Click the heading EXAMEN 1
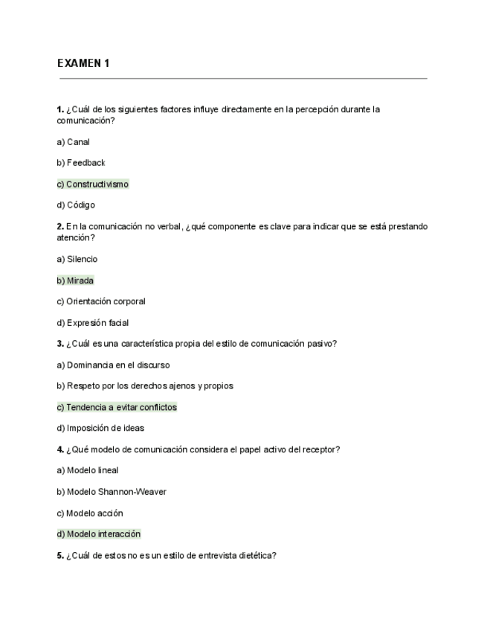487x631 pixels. coord(83,63)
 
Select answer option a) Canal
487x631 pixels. coord(74,141)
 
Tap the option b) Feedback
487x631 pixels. coord(81,162)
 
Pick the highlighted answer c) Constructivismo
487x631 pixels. coord(93,184)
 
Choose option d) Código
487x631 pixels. coord(76,205)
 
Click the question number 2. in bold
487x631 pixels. coord(60,226)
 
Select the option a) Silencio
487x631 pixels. coord(77,259)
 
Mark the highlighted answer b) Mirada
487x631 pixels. coord(76,281)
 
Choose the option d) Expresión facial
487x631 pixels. coord(93,323)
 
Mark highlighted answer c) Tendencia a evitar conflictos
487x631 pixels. coord(117,407)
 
